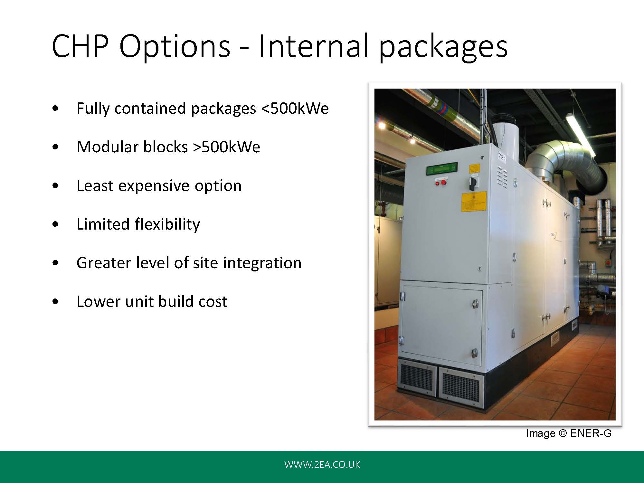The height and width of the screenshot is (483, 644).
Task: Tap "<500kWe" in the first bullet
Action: tap(295, 108)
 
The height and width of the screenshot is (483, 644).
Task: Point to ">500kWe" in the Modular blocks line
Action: tap(226, 147)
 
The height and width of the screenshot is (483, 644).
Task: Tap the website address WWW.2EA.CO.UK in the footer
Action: tap(322, 465)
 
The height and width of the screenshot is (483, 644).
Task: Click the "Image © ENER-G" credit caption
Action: tap(569, 433)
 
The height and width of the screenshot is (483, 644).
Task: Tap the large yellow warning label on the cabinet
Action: tap(474, 202)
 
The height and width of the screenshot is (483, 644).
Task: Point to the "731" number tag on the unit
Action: tap(502, 157)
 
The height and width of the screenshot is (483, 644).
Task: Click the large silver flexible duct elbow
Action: tap(567, 164)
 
